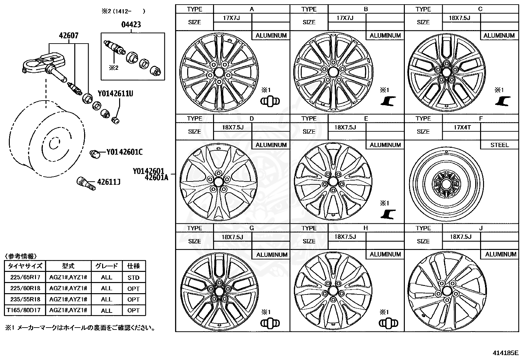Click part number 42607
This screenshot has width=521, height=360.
pos(69,35)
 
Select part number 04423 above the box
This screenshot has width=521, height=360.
pos(131,25)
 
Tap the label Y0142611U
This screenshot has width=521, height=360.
pos(115,94)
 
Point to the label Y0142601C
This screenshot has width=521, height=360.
pos(124,152)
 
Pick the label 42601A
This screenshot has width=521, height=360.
pos(156,178)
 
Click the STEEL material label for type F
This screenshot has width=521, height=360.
pos(499,145)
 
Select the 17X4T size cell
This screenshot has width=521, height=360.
pos(461,127)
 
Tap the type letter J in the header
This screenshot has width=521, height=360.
pos(480,228)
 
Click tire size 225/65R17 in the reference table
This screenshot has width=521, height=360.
pos(25,277)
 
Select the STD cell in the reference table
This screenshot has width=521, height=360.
pos(134,277)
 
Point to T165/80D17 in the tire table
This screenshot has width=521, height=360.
pos(25,310)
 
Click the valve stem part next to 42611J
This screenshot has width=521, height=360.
pos(85,182)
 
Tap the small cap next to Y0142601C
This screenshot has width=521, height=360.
pos(95,153)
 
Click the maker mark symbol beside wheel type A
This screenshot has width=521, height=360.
pos(270,101)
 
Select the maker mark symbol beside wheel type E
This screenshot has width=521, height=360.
pos(388,214)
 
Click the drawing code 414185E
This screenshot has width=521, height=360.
pos(506,353)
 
